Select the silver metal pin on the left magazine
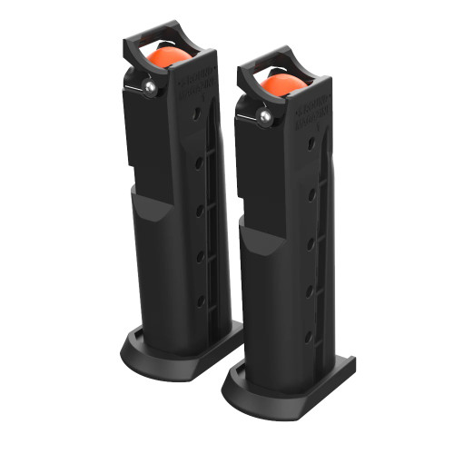coord(148,86)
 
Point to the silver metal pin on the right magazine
coord(264,115)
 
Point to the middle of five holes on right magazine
coord(311,241)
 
